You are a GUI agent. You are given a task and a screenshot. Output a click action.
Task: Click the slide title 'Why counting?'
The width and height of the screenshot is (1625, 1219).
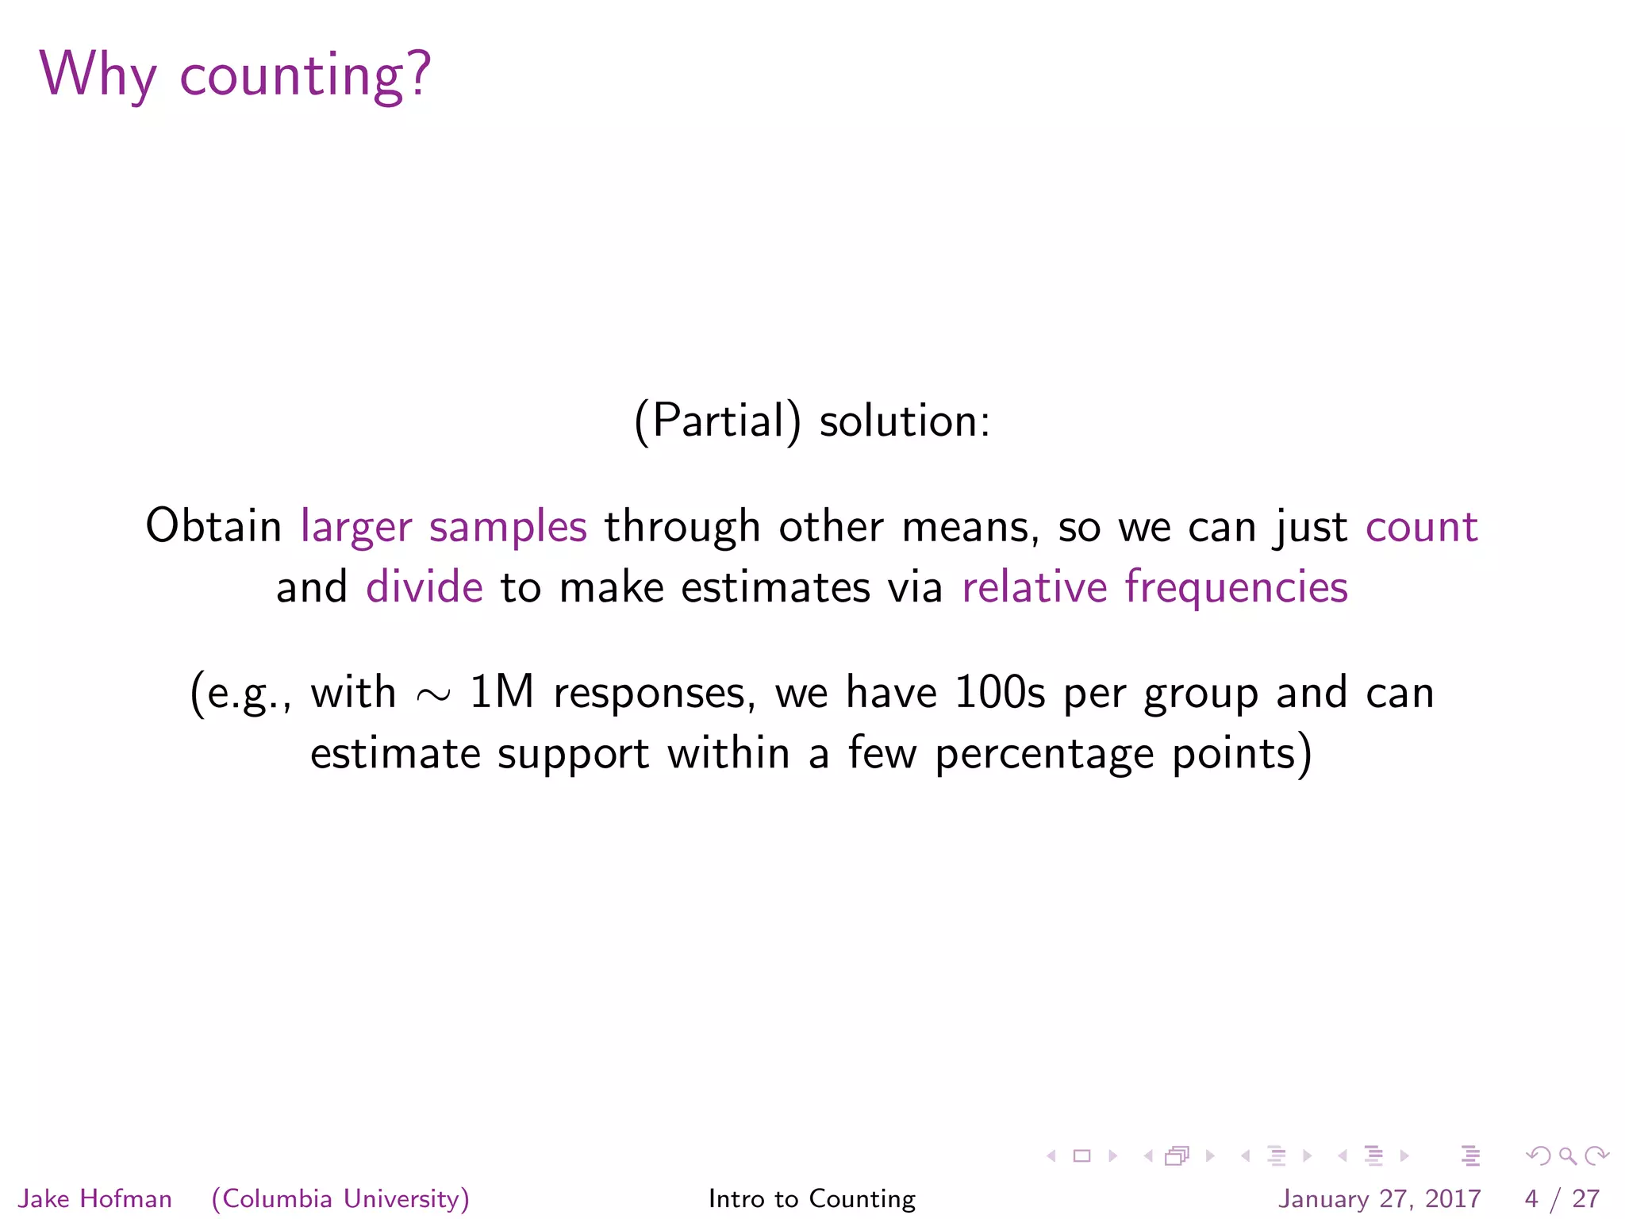click(235, 75)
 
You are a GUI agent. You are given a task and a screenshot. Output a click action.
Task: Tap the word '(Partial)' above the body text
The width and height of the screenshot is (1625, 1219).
click(717, 421)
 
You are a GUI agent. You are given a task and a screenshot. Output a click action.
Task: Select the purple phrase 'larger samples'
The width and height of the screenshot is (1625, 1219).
click(444, 527)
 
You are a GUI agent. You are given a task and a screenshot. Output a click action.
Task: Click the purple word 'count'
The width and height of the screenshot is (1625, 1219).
click(1421, 527)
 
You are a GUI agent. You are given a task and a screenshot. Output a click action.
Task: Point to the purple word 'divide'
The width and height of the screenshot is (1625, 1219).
click(424, 588)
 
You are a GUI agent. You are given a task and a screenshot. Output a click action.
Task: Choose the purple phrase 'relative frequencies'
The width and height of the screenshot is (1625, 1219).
click(1154, 588)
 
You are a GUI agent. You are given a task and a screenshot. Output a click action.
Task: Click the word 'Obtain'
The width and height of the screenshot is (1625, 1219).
click(213, 527)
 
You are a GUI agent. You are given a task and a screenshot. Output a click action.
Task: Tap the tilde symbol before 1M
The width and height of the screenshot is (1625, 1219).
click(433, 695)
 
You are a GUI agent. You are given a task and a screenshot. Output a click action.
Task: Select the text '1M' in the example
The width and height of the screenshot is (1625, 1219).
click(501, 692)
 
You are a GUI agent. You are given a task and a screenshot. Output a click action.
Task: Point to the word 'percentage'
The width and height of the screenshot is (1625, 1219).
click(1044, 754)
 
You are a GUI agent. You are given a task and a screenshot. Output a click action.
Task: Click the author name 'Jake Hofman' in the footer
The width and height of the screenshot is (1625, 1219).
click(95, 1198)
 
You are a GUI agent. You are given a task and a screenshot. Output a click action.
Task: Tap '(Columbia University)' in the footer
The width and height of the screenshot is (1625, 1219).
click(340, 1198)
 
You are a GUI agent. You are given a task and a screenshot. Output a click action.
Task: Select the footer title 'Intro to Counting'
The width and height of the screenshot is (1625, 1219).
click(812, 1198)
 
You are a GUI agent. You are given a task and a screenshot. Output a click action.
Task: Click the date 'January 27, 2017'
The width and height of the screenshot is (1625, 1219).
click(1379, 1198)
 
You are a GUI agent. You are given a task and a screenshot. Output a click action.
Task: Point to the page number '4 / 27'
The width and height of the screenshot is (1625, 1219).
click(1562, 1198)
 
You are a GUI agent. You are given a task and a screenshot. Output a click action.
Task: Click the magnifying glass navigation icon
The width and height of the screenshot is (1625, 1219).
click(1567, 1156)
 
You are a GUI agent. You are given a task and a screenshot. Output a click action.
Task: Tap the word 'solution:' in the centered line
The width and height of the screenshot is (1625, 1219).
click(905, 421)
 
